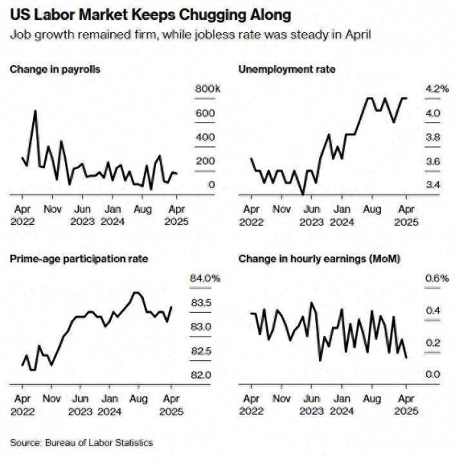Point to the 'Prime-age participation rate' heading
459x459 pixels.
(x=80, y=259)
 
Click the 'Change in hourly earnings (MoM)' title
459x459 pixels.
(x=321, y=259)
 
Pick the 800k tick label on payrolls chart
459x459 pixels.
(x=207, y=90)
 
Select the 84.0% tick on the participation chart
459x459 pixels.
(x=205, y=278)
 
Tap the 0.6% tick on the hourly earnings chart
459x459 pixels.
(x=436, y=278)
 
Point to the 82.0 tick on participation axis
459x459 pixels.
(x=201, y=375)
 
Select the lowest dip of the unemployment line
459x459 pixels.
(x=303, y=194)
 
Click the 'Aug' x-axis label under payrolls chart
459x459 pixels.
(x=142, y=208)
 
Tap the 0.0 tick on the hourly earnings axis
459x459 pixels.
(x=433, y=375)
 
